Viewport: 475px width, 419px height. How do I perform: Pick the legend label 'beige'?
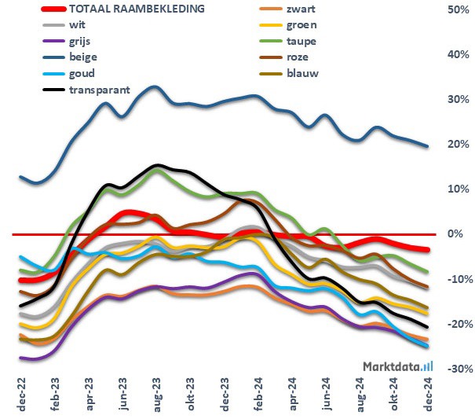(x=82, y=57)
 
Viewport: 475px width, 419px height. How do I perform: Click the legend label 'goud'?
(x=82, y=73)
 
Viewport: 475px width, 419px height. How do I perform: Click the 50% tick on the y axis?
(x=458, y=9)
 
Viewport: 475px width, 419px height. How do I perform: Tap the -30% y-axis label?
(x=458, y=369)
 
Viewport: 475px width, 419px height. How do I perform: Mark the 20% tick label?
(x=458, y=145)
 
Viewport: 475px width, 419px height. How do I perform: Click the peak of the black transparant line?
(x=157, y=166)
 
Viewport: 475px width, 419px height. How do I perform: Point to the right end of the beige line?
(x=426, y=146)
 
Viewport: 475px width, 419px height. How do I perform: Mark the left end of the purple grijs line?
(x=20, y=358)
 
